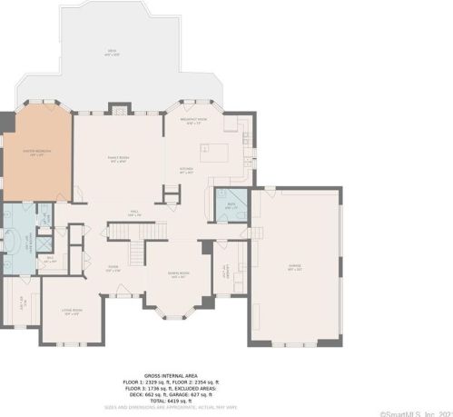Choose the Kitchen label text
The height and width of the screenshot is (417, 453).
pos(185,170)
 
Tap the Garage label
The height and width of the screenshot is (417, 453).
pos(295,266)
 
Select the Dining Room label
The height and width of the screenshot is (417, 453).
pos(177,274)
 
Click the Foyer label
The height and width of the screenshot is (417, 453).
pos(113,267)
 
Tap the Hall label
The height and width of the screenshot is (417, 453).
pos(133,213)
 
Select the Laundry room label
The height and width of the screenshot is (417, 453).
pos(223,270)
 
